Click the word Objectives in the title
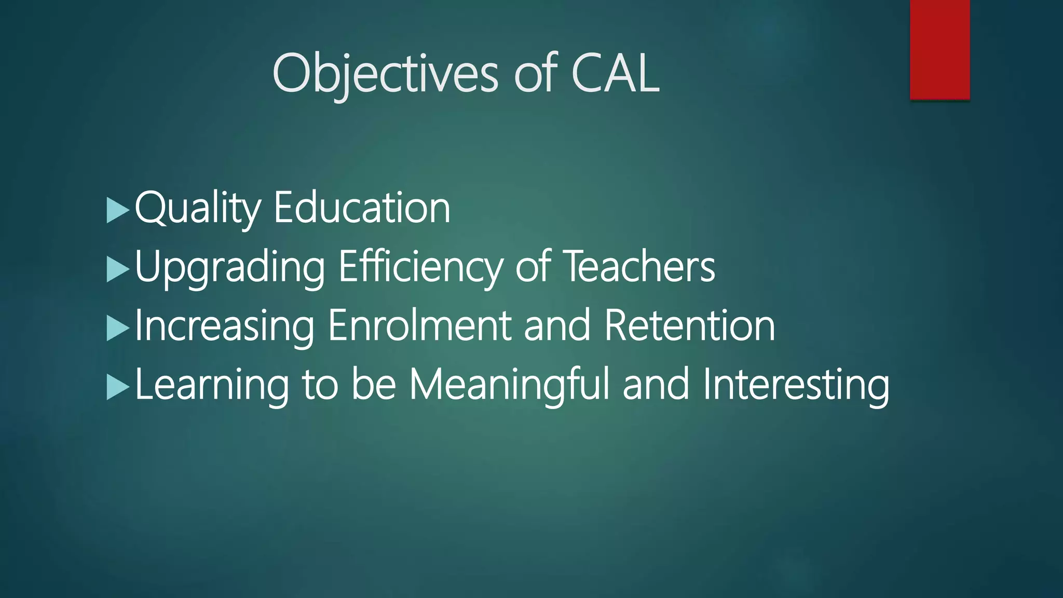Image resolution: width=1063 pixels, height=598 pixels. (x=385, y=74)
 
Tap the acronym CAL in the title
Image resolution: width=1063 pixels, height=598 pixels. (x=615, y=74)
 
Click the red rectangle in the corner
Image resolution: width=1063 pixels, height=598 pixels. (x=939, y=49)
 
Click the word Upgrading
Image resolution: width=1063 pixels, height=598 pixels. (x=229, y=267)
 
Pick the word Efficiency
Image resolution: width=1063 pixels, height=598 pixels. (x=420, y=267)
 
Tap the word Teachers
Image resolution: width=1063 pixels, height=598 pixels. (x=639, y=267)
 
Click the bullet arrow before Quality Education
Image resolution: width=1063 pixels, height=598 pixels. (x=117, y=210)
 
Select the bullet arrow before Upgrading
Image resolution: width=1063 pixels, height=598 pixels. (x=117, y=269)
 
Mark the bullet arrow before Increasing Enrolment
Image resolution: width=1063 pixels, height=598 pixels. (x=117, y=328)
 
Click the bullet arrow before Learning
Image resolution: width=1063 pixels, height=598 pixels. (x=117, y=387)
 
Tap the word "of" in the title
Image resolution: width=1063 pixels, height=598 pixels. (x=535, y=74)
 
